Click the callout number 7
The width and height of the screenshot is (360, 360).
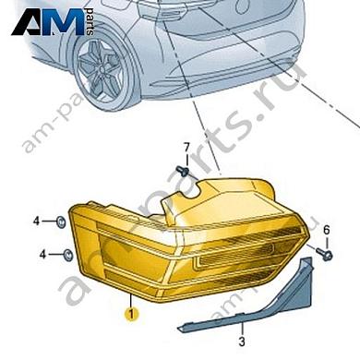click(185, 147)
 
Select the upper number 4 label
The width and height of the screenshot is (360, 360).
click(37, 221)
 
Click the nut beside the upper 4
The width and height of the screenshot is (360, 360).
click(59, 222)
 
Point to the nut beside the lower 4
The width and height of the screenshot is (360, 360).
click(70, 254)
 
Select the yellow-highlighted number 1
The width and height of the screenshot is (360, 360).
click(131, 313)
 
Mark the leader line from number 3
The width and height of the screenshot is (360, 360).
click(242, 336)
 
